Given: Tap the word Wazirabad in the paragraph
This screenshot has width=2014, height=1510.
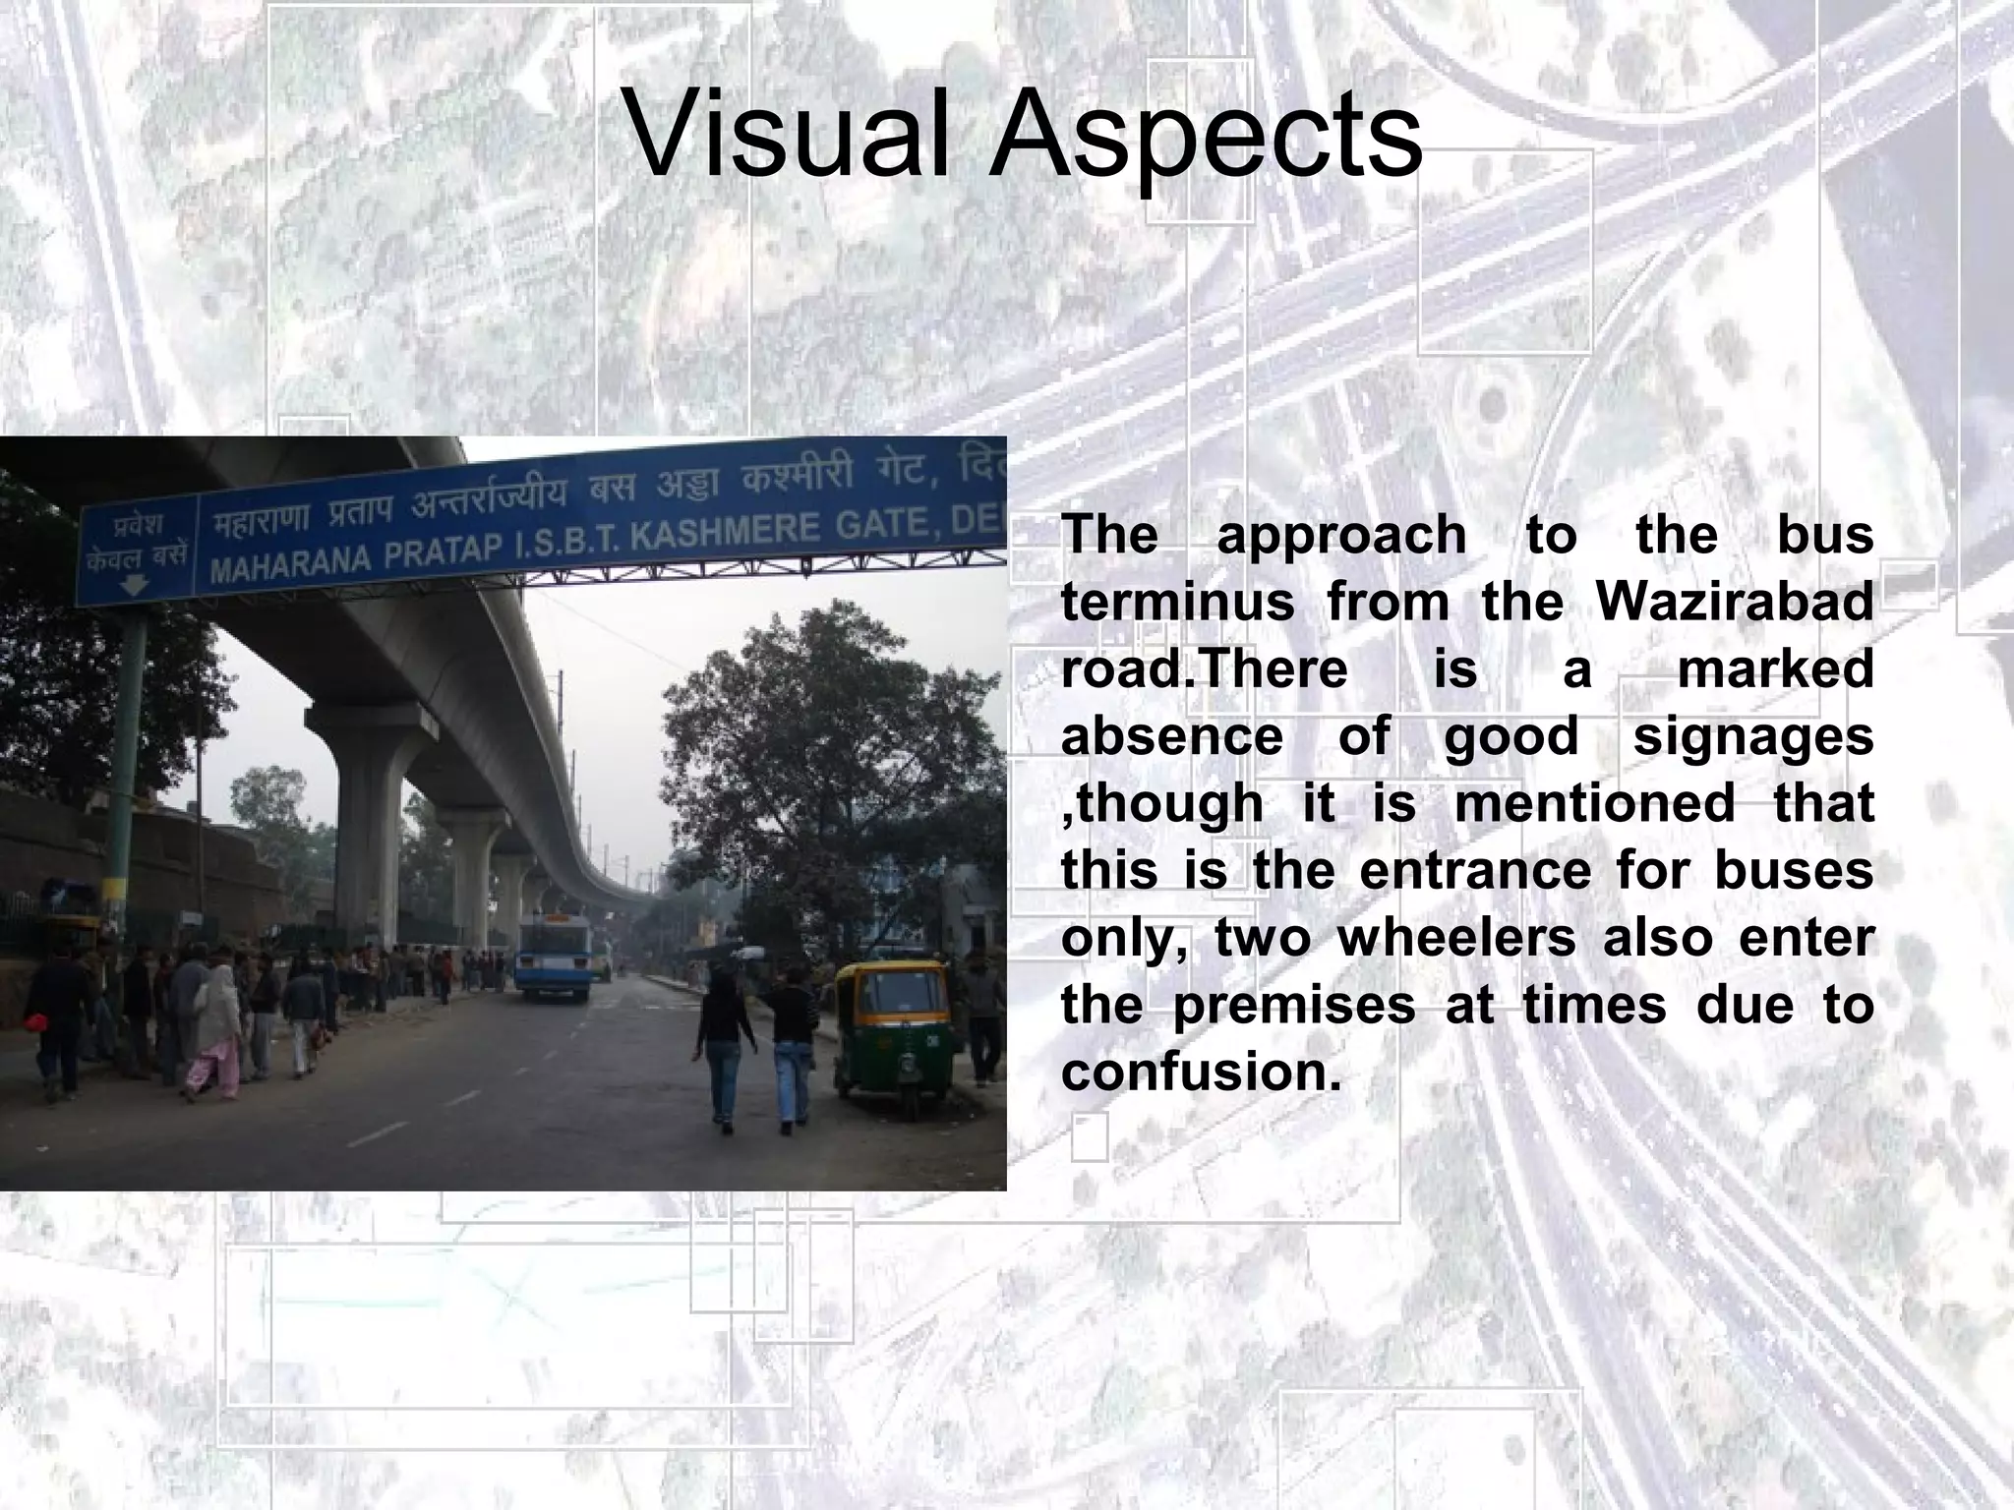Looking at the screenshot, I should (x=1735, y=602).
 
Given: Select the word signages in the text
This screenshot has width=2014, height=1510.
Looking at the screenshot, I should (x=1753, y=737).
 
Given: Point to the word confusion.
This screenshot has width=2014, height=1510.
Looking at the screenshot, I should (x=1201, y=1072).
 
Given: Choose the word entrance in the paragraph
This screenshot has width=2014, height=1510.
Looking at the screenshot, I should (x=1475, y=871).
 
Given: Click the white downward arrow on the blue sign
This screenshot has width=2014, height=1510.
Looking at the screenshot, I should (x=135, y=586).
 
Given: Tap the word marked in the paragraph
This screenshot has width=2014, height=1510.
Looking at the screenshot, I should (x=1774, y=669).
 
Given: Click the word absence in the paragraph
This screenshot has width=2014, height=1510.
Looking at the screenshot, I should (x=1172, y=737).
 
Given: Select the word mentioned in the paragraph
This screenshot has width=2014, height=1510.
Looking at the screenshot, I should (x=1593, y=803).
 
